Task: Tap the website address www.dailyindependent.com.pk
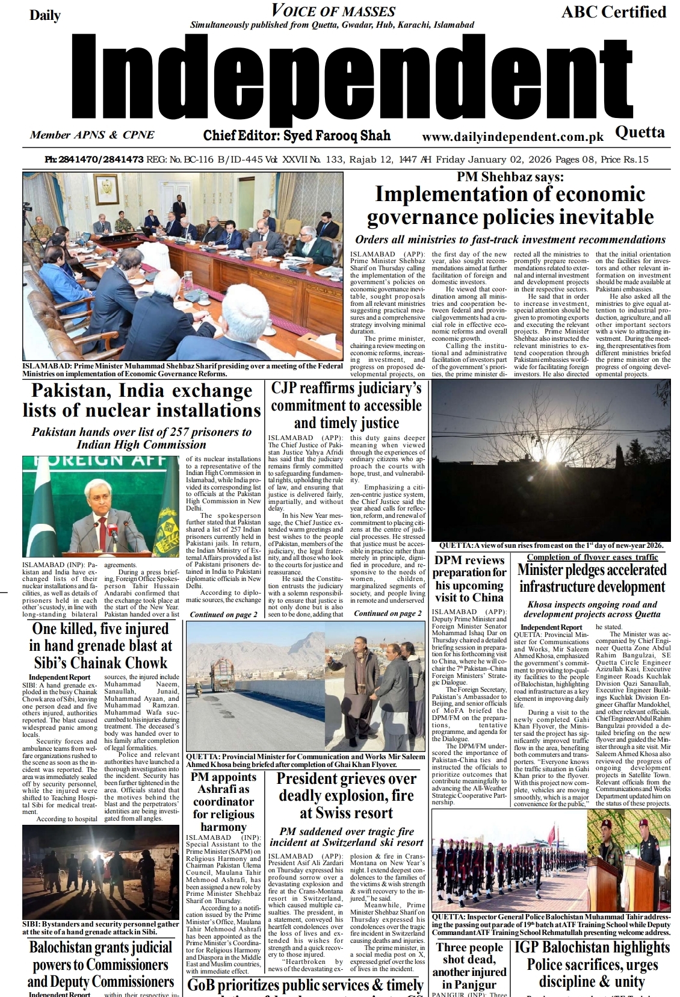coord(512,137)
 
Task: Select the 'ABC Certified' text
coord(613,12)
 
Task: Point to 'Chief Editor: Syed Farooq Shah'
coord(297,135)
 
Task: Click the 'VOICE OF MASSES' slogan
coord(333,11)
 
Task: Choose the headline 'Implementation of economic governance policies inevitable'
coord(510,205)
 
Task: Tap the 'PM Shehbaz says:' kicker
coord(510,177)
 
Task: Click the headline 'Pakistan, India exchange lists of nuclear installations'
coord(142,400)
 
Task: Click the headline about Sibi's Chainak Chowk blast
coord(100,646)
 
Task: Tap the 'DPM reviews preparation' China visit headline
coord(470,579)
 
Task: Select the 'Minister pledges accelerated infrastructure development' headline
coord(592,579)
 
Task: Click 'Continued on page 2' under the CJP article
coord(388,613)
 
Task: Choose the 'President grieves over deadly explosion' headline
coord(346,796)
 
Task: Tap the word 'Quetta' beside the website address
coord(640,132)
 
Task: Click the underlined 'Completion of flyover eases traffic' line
coord(592,558)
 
